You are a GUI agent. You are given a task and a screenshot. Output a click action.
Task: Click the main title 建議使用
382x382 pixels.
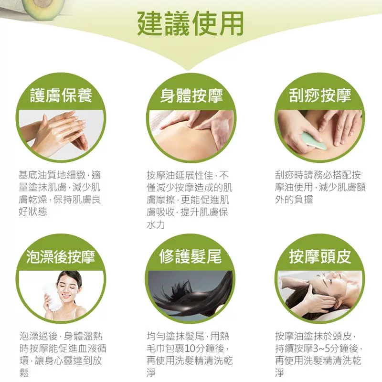click(191, 23)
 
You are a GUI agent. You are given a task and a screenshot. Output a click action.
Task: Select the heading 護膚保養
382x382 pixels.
click(61, 95)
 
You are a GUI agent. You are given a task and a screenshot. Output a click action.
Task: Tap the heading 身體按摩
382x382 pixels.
click(191, 95)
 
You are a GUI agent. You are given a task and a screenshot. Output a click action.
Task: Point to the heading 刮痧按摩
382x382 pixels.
click(320, 95)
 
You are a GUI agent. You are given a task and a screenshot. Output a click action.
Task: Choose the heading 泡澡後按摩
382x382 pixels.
click(61, 257)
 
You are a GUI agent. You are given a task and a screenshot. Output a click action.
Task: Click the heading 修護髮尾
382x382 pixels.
click(191, 257)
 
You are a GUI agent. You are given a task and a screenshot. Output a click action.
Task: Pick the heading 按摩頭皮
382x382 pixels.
click(320, 257)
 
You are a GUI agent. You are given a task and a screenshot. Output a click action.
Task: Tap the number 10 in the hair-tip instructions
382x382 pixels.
click(190, 349)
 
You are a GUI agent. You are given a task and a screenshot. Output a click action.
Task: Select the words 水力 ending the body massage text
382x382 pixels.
click(156, 224)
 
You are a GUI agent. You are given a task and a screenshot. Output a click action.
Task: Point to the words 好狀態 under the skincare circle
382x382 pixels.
click(33, 212)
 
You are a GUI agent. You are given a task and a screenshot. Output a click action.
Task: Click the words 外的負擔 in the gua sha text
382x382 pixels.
click(294, 199)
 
